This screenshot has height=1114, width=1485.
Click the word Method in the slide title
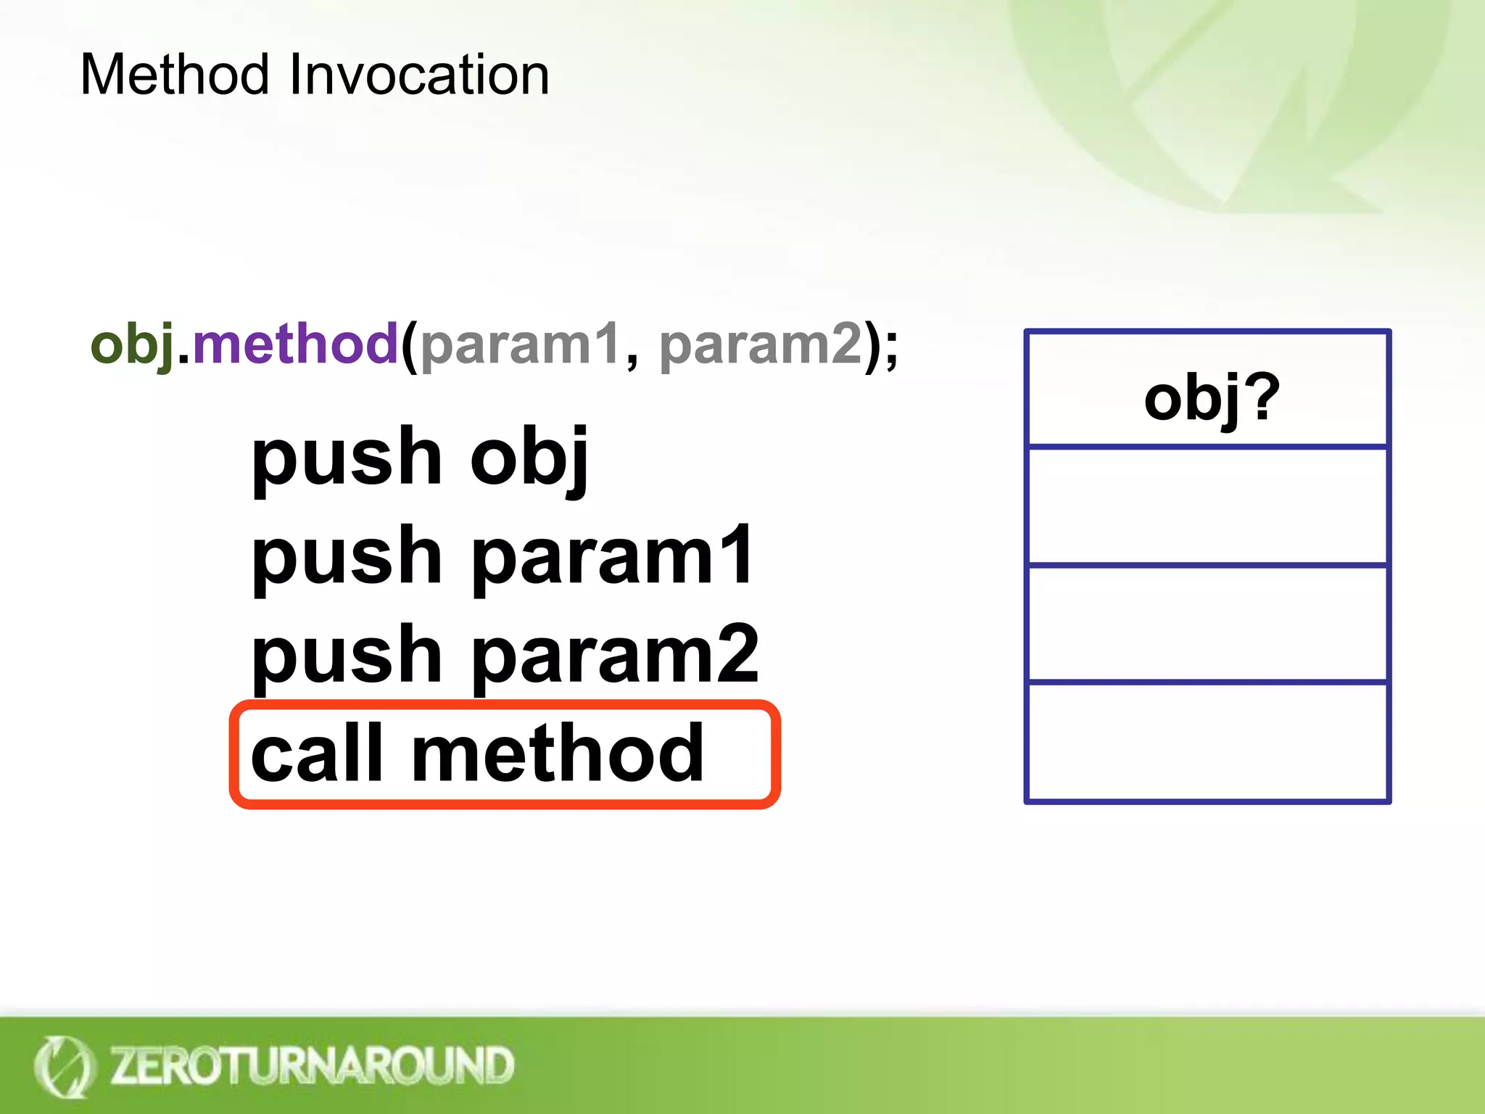point(175,75)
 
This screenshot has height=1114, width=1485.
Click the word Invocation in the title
point(419,75)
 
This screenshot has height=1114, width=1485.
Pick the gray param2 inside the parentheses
point(761,345)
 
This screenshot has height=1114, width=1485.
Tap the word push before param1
point(347,557)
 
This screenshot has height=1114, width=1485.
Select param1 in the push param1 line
point(613,557)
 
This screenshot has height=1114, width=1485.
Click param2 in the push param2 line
point(615,656)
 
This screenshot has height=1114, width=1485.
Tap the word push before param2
point(347,656)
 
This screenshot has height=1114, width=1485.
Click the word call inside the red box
point(316,754)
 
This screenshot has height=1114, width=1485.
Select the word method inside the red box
point(557,754)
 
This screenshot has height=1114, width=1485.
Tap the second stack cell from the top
point(1207,506)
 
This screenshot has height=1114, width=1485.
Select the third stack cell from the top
point(1207,624)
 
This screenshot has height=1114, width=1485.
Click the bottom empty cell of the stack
point(1207,742)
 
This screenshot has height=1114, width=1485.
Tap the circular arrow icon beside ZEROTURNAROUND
point(64,1066)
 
